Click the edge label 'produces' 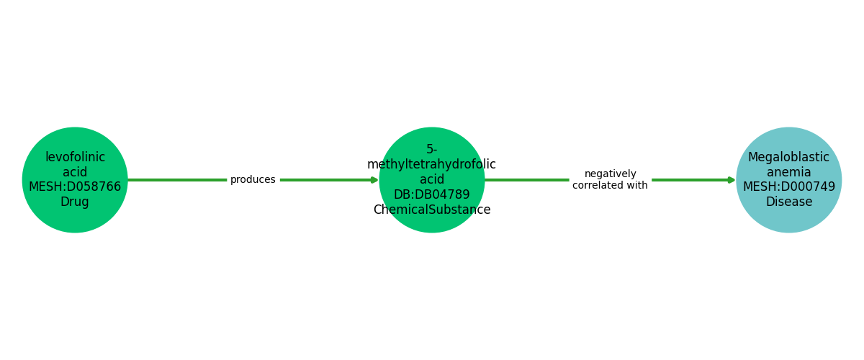253,180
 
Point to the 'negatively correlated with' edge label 610,180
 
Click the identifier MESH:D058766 75,187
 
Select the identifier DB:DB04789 432,195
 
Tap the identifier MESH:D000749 789,187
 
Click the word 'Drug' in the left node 75,202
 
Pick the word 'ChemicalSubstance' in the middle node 432,210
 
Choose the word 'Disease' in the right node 789,202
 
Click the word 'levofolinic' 75,157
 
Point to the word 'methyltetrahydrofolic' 432,165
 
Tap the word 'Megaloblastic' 789,157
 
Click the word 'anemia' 789,172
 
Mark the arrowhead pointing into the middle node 374,180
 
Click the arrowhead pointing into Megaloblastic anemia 732,180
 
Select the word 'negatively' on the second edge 610,174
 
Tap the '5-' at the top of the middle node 432,150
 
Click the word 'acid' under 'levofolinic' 75,172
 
